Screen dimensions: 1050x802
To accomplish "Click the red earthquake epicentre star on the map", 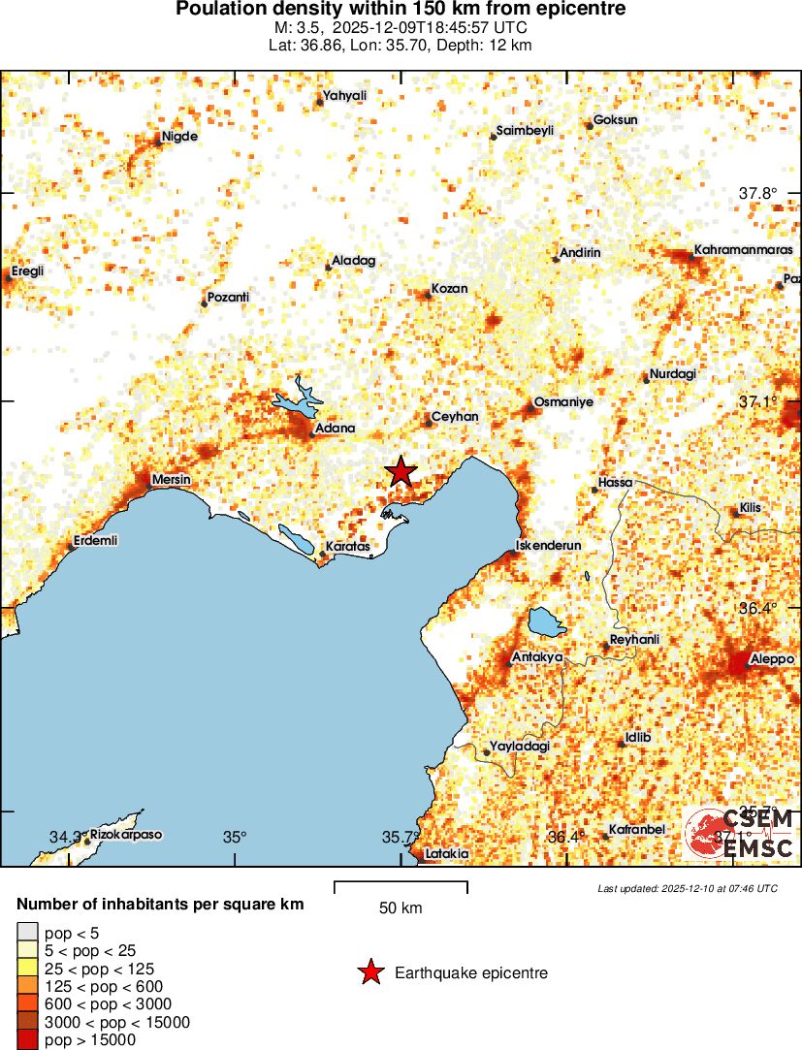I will pyautogui.click(x=401, y=471).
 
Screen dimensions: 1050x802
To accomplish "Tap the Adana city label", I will pyautogui.click(x=336, y=428).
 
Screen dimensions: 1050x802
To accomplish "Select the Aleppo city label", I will pyautogui.click(x=772, y=658).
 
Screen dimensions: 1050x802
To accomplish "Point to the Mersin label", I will pyautogui.click(x=172, y=480).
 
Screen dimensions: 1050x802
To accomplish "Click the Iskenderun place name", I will pyautogui.click(x=549, y=545).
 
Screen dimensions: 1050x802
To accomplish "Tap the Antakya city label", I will pyautogui.click(x=537, y=656).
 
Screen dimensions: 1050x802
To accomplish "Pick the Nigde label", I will pyautogui.click(x=179, y=137).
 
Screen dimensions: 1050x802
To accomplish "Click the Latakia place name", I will pyautogui.click(x=447, y=853).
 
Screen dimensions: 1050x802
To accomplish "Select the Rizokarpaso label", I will pyautogui.click(x=126, y=834).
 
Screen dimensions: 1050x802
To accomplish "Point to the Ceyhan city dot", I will pyautogui.click(x=429, y=423).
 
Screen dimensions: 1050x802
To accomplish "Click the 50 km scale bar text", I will pyautogui.click(x=401, y=908).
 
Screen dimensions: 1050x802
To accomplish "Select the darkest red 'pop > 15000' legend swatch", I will pyautogui.click(x=27, y=1039).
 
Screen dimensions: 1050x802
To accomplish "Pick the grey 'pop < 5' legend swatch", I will pyautogui.click(x=27, y=933).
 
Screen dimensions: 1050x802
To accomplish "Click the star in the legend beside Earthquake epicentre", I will pyautogui.click(x=369, y=972).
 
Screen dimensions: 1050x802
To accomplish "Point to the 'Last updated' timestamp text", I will pyautogui.click(x=687, y=888).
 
